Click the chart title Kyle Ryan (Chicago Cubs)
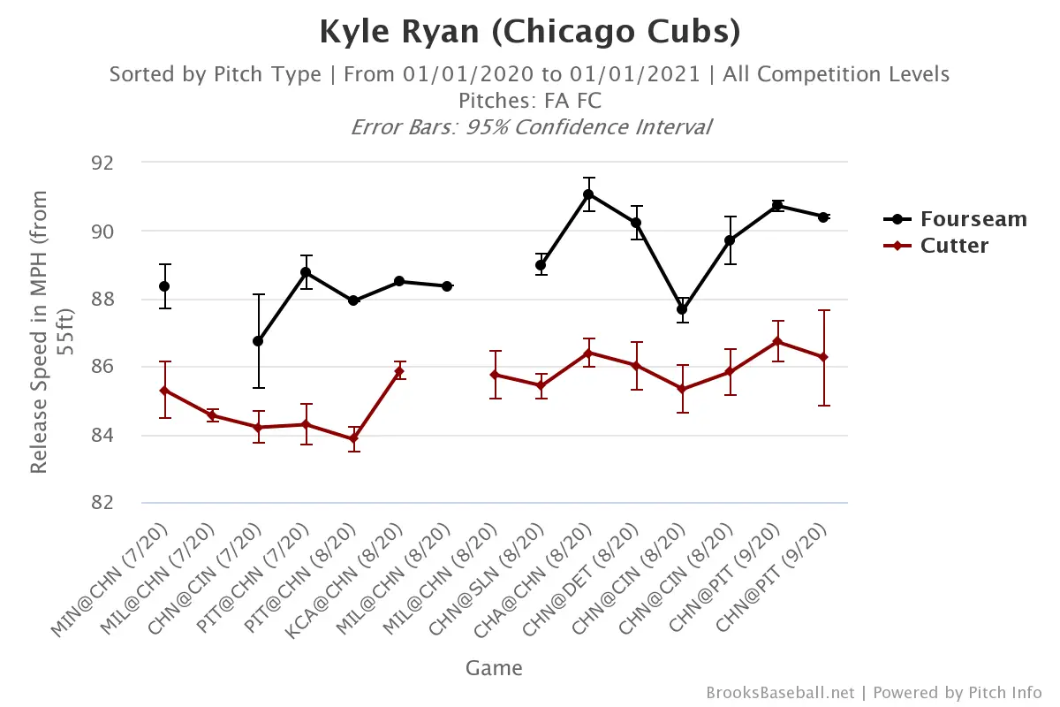(529, 32)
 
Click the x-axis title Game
(494, 668)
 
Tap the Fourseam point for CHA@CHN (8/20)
(588, 194)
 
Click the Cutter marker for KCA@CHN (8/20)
(399, 371)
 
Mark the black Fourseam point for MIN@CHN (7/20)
(164, 285)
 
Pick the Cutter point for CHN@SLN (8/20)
(541, 385)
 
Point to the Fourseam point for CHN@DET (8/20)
(635, 223)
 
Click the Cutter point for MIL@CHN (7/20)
(211, 414)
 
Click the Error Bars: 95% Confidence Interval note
(530, 126)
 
